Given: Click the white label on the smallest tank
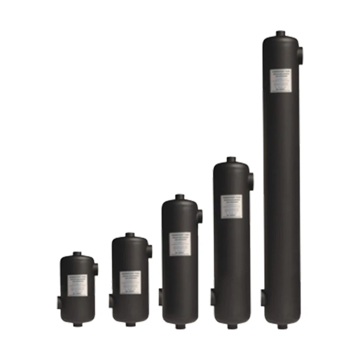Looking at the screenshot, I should tap(77, 285).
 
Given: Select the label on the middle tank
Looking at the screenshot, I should tap(180, 244).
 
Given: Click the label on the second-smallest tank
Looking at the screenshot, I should tap(130, 282).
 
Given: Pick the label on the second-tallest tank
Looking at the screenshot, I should tap(231, 206).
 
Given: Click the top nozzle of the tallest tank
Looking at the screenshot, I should tap(281, 34).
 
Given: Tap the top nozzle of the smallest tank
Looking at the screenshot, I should tap(77, 254).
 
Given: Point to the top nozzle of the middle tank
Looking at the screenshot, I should tap(180, 197).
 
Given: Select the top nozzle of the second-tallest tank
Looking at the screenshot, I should tap(231, 159).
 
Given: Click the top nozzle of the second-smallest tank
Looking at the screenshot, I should tap(130, 235).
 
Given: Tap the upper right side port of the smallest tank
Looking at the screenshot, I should tap(96, 269).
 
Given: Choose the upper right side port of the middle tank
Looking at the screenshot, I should tap(200, 216).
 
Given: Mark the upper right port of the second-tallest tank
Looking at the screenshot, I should tap(251, 181).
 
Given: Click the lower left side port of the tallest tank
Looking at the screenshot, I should tap(263, 298).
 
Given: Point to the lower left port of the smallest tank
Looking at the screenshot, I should tap(59, 303).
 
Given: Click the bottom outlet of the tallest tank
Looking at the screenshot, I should tap(282, 326).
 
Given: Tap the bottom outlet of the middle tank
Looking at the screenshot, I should tap(180, 326).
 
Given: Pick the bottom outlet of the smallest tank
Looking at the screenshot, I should tap(78, 324).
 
